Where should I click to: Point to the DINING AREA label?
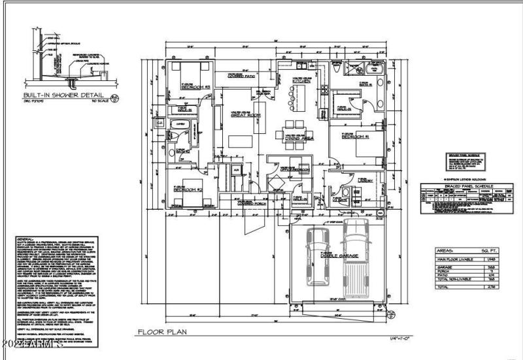301,139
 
